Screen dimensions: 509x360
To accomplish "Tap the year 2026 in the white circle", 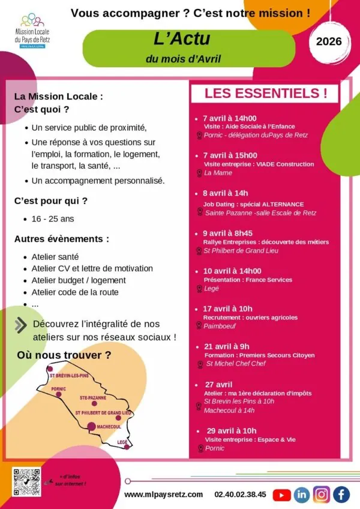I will coord(329,41).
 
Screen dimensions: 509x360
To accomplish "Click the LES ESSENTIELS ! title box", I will coord(266,94).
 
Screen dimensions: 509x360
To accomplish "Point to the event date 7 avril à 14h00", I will coord(229,118).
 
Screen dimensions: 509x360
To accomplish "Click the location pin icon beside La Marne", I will coord(199,173).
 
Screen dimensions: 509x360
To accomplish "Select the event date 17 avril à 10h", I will coord(227,309).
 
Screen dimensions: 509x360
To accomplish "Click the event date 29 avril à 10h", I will coord(232,430).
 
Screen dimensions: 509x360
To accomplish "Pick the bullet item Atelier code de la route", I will coord(75,292).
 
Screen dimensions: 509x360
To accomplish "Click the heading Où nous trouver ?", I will coord(64,355).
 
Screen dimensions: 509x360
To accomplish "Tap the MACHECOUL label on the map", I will coord(109,426).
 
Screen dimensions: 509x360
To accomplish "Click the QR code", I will coord(26,482).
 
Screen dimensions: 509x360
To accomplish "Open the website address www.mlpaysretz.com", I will coord(164,494).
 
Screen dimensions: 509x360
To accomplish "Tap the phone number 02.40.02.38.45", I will coord(240,494).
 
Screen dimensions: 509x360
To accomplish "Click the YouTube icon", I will coord(282,495).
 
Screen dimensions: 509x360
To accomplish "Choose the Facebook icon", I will coord(341,495).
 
